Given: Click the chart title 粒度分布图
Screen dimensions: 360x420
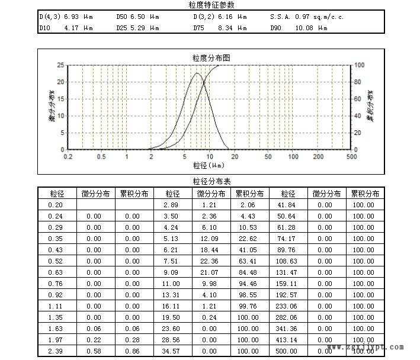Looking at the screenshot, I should tap(211, 57).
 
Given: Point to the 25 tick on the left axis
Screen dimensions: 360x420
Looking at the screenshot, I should tap(60, 65).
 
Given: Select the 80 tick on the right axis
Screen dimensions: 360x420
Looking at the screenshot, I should tap(357, 82).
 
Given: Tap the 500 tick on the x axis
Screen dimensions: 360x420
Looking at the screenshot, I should tap(351, 157).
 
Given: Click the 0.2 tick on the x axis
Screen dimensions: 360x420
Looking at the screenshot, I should tap(68, 157).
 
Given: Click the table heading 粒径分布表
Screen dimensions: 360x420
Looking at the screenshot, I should tap(210, 181).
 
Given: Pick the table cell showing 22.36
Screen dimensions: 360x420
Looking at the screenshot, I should tap(209, 261).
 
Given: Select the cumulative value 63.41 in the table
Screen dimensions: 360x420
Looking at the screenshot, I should tap(247, 261).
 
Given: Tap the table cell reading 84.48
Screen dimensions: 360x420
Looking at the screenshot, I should tap(247, 272).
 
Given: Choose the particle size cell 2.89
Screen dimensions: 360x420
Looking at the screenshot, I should tap(171, 205).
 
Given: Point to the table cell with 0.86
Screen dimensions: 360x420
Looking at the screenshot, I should tap(132, 352).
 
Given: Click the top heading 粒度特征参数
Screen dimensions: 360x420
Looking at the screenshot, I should tap(210, 5).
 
